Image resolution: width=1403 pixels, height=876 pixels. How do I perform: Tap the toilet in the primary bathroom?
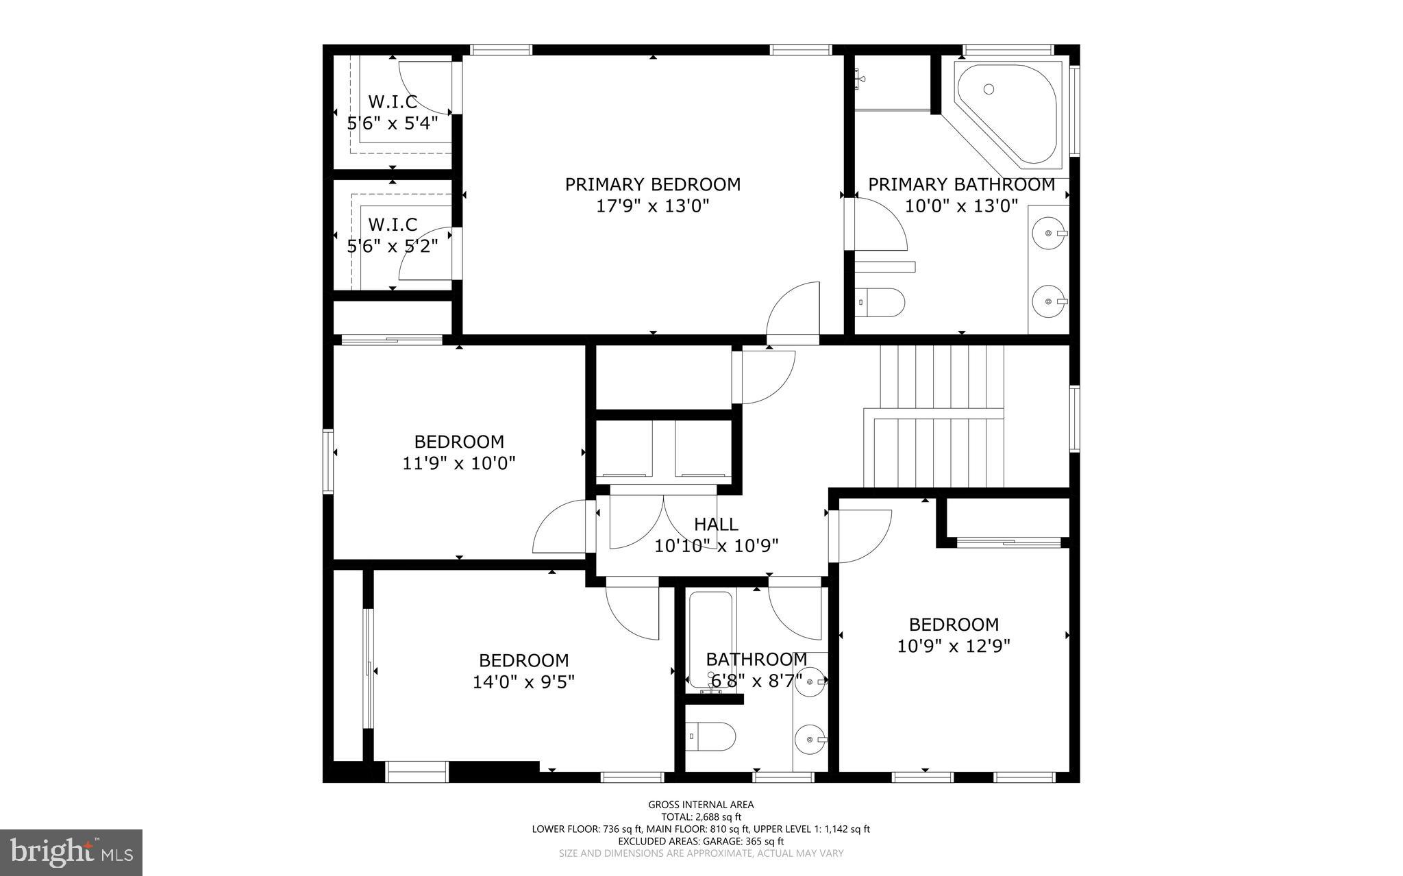[882, 302]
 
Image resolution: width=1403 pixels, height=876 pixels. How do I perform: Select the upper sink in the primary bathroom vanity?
[1049, 234]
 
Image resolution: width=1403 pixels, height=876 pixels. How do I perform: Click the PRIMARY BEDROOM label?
[652, 184]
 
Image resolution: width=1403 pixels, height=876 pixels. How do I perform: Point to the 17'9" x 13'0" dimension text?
[652, 206]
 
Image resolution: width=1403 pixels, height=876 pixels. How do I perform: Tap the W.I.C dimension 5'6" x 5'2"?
[393, 246]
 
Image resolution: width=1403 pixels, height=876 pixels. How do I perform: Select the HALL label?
[716, 525]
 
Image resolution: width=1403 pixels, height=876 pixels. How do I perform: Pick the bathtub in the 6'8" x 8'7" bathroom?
[711, 637]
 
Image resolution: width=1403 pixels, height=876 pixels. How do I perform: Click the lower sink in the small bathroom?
[810, 740]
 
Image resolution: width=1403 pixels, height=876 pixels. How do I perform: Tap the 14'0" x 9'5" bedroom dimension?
[523, 682]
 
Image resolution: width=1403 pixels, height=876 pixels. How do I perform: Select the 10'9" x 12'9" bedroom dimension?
[954, 646]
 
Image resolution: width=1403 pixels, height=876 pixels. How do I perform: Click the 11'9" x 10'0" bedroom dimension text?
[458, 464]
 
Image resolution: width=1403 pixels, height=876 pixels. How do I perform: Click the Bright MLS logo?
[71, 851]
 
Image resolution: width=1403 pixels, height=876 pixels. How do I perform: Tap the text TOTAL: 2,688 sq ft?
[701, 817]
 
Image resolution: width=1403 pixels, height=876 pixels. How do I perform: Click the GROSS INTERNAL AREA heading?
[701, 805]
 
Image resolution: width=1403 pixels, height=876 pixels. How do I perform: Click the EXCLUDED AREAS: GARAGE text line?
[701, 841]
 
